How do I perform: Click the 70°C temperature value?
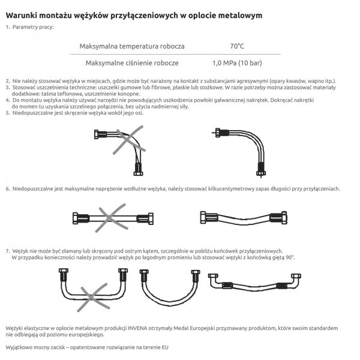pyautogui.click(x=237, y=46)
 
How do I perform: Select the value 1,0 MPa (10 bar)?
pyautogui.click(x=237, y=63)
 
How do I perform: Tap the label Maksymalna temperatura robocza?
pyautogui.click(x=132, y=46)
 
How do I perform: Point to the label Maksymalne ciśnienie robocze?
pyautogui.click(x=132, y=63)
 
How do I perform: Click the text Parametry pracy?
pyautogui.click(x=33, y=27)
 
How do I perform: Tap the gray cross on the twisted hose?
pyautogui.click(x=129, y=140)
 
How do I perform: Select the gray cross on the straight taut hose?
pyautogui.click(x=112, y=217)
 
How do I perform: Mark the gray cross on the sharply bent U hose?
pyautogui.click(x=93, y=298)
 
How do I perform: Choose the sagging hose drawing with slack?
pyautogui.click(x=244, y=218)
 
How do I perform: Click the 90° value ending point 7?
pyautogui.click(x=290, y=257)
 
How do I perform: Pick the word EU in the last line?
pyautogui.click(x=165, y=347)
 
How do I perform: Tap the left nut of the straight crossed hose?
pyautogui.click(x=76, y=218)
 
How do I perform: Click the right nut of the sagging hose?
pyautogui.click(x=284, y=218)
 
